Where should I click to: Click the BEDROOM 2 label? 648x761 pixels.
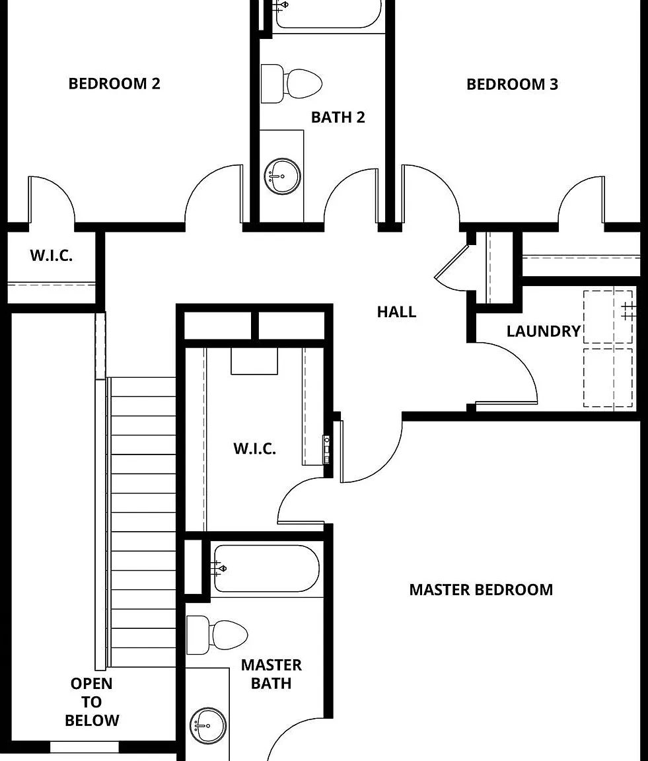pyautogui.click(x=114, y=83)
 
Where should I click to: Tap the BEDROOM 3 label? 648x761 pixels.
pyautogui.click(x=512, y=85)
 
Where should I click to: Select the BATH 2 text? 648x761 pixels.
pyautogui.click(x=338, y=118)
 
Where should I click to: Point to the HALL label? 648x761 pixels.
pyautogui.click(x=396, y=312)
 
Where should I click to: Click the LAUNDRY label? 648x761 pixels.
pyautogui.click(x=544, y=332)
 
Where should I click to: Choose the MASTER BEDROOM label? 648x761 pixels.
pyautogui.click(x=481, y=590)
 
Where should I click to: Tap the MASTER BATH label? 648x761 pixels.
pyautogui.click(x=271, y=674)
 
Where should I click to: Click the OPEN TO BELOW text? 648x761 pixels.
pyautogui.click(x=92, y=702)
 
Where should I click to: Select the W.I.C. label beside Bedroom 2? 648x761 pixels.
pyautogui.click(x=52, y=256)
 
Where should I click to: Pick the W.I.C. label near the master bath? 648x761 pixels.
pyautogui.click(x=255, y=449)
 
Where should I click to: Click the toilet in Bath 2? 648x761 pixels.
pyautogui.click(x=291, y=83)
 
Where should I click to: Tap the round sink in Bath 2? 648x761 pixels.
pyautogui.click(x=282, y=176)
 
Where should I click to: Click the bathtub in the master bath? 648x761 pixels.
pyautogui.click(x=266, y=568)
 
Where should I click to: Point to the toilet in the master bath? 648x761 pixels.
pyautogui.click(x=217, y=635)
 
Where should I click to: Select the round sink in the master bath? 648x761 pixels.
pyautogui.click(x=208, y=726)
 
